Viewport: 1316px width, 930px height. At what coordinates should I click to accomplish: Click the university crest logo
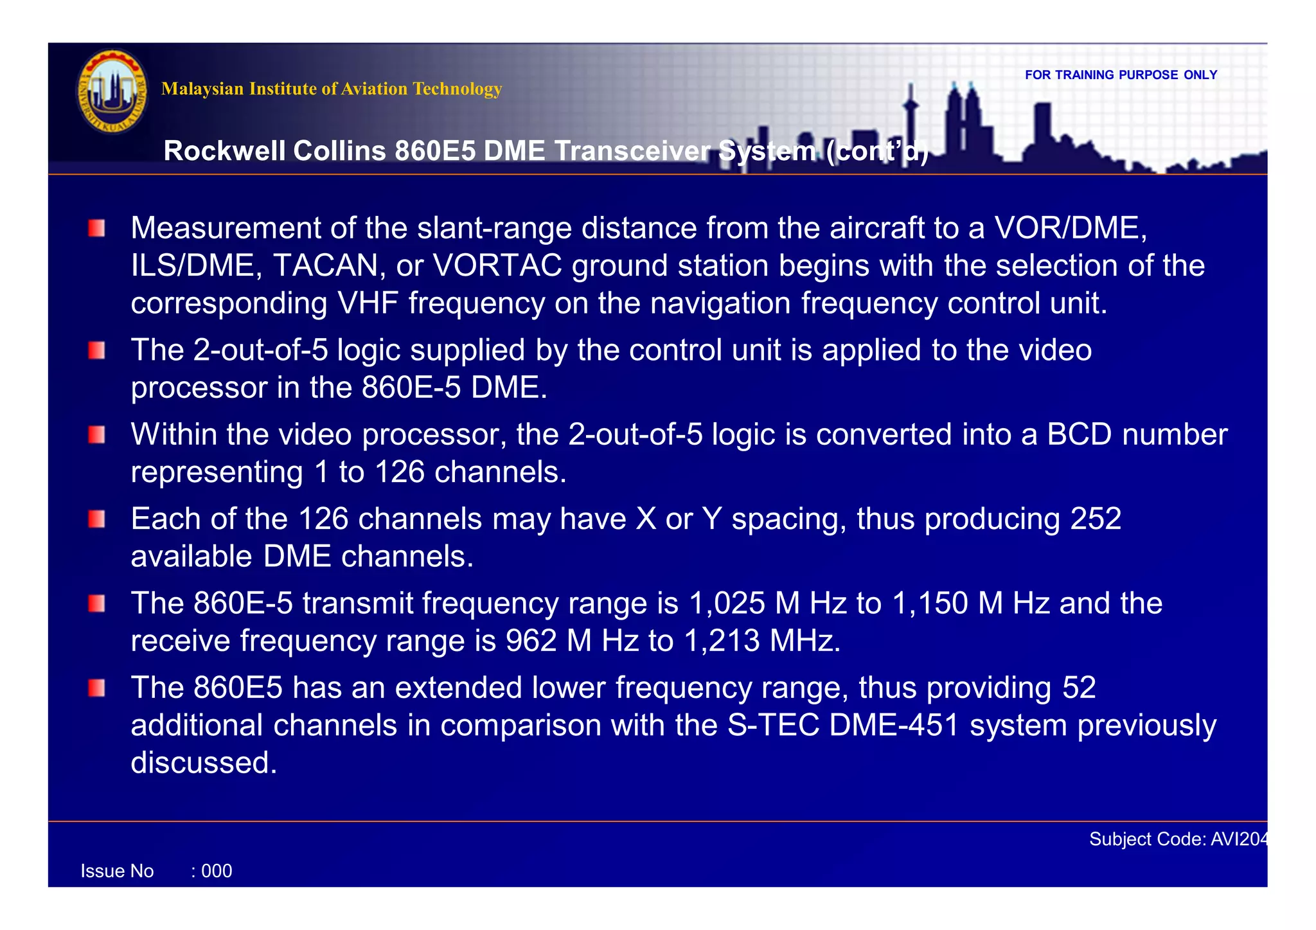tap(112, 91)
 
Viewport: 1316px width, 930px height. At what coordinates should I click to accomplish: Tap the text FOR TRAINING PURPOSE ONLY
tap(1121, 75)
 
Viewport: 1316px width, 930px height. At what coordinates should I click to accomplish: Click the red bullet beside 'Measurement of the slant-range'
tap(97, 228)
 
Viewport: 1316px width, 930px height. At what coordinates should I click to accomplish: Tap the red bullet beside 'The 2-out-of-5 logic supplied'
tap(97, 351)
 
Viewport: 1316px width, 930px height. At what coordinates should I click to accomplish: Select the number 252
tap(1096, 519)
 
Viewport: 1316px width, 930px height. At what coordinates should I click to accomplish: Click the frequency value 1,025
tap(727, 604)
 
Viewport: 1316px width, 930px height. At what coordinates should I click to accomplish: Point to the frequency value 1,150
tap(930, 604)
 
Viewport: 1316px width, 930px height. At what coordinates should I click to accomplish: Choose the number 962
tap(531, 641)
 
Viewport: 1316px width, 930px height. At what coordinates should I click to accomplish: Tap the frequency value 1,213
tap(722, 641)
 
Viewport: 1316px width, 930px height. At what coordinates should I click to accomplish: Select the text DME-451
tap(894, 726)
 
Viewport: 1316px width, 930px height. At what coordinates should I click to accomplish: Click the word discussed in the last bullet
tap(204, 763)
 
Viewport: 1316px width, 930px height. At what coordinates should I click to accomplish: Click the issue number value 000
tap(217, 872)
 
